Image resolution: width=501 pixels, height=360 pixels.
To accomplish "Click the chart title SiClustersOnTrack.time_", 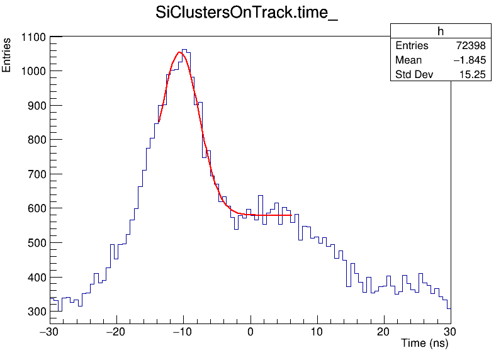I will (x=247, y=14).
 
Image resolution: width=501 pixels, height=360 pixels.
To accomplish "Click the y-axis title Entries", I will (x=7, y=55).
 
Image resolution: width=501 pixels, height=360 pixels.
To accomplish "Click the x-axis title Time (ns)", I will (x=425, y=343).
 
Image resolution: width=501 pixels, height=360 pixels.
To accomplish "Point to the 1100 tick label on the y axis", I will (x=32, y=37).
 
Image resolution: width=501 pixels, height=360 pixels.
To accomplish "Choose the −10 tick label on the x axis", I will (x=182, y=331).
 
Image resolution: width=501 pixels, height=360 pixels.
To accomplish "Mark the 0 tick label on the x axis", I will (x=250, y=331).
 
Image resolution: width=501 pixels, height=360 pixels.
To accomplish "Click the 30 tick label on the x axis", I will (x=451, y=331).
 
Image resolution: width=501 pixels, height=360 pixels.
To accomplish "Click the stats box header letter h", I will (x=441, y=31).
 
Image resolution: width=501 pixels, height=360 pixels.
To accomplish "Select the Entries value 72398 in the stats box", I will (x=470, y=46).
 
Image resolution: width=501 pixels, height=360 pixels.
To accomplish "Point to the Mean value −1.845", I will (x=468, y=60).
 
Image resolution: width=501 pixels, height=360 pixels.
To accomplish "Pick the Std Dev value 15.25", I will (x=472, y=75).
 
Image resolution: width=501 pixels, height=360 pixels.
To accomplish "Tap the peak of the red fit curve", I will (x=180, y=52).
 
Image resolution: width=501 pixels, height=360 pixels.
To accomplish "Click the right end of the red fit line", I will (x=291, y=215).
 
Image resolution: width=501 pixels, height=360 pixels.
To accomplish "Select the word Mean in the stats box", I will (x=408, y=60).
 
